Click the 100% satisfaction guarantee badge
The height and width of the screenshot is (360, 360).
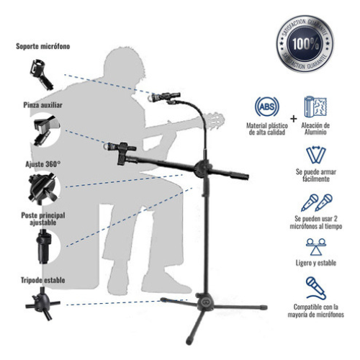coord(305,44)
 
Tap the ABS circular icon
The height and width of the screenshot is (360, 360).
coord(267,107)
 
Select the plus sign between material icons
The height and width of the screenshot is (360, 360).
coord(293,119)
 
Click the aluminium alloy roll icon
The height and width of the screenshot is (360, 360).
coord(315,107)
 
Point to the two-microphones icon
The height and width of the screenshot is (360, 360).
coord(316,202)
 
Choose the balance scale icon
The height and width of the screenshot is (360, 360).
coord(316,246)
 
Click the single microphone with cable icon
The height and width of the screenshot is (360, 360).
coord(316,288)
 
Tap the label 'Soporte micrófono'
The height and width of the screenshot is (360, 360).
coord(43,46)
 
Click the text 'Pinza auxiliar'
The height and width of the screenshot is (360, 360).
coord(43,105)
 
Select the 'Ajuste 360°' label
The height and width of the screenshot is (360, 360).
coord(43,164)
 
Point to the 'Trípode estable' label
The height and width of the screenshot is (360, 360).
coord(43,280)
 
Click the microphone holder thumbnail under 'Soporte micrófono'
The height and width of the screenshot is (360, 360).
coord(41,75)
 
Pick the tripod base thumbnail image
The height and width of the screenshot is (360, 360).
coord(42,305)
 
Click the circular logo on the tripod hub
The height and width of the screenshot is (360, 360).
coord(205,302)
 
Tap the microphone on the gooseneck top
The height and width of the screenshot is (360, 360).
coord(164,97)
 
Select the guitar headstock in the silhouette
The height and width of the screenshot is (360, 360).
coord(214,121)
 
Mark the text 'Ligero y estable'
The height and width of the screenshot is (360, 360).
coord(316,263)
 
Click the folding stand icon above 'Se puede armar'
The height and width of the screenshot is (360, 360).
coord(316,155)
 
